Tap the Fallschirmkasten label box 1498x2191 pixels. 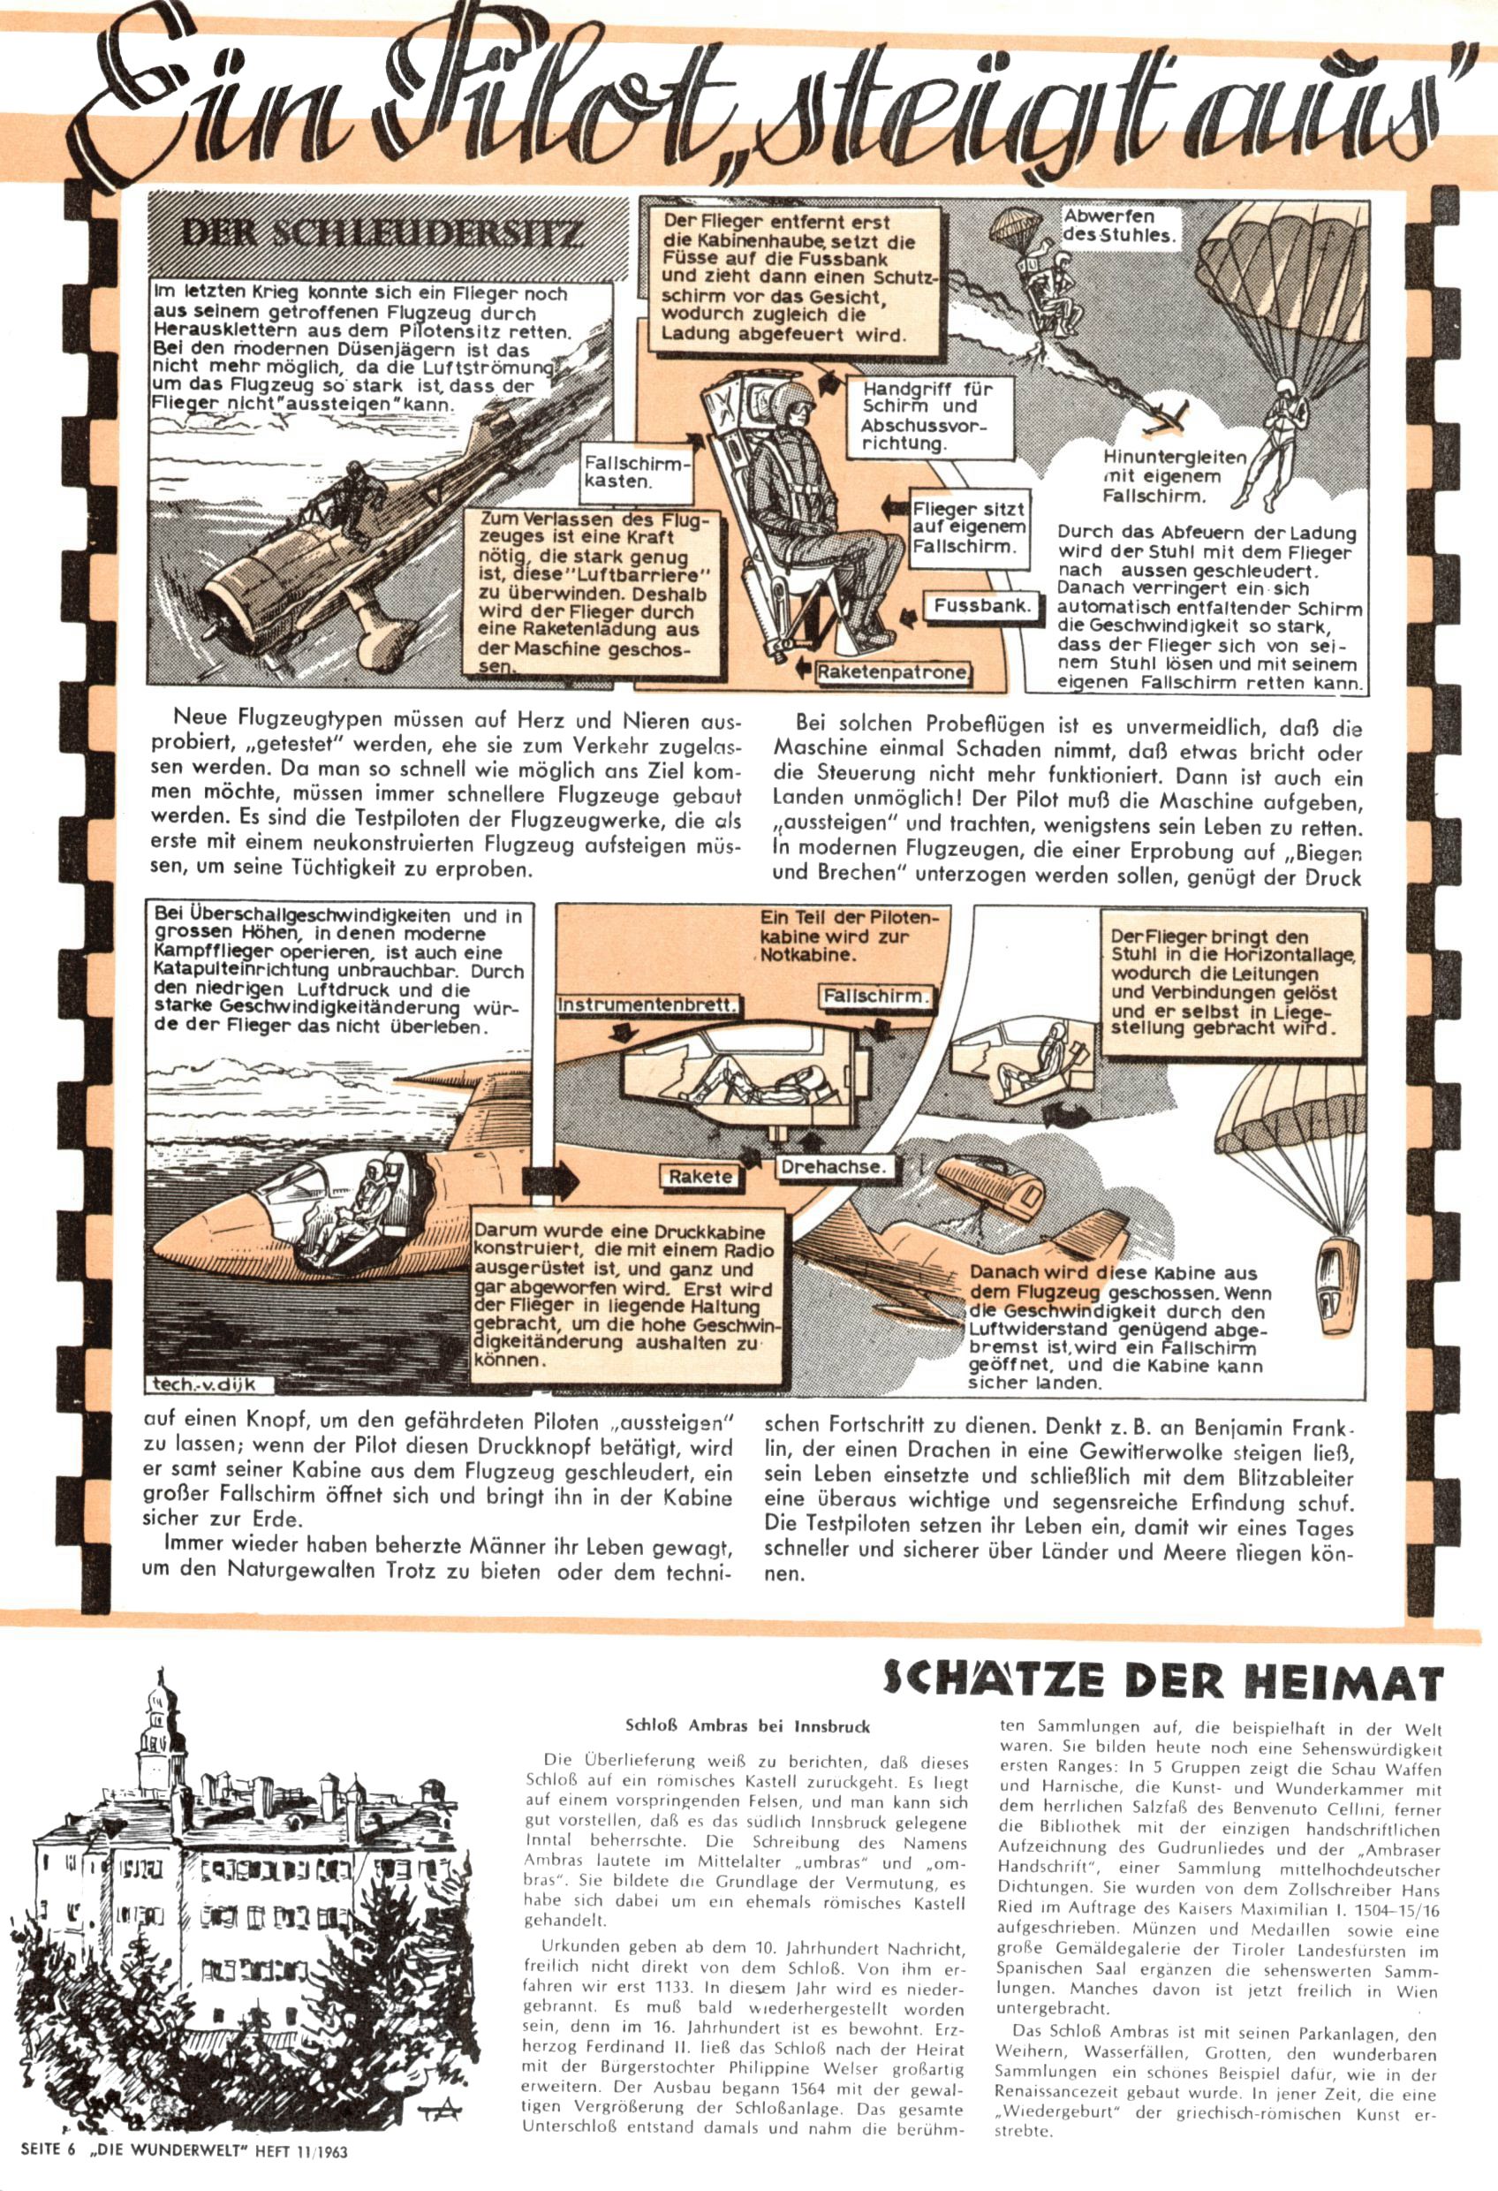(x=638, y=473)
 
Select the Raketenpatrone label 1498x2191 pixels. (x=891, y=672)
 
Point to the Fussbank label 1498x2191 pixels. (x=981, y=606)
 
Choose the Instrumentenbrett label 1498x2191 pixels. (x=647, y=1005)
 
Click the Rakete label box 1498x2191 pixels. (x=700, y=1176)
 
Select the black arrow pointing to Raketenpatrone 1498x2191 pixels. (x=802, y=669)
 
